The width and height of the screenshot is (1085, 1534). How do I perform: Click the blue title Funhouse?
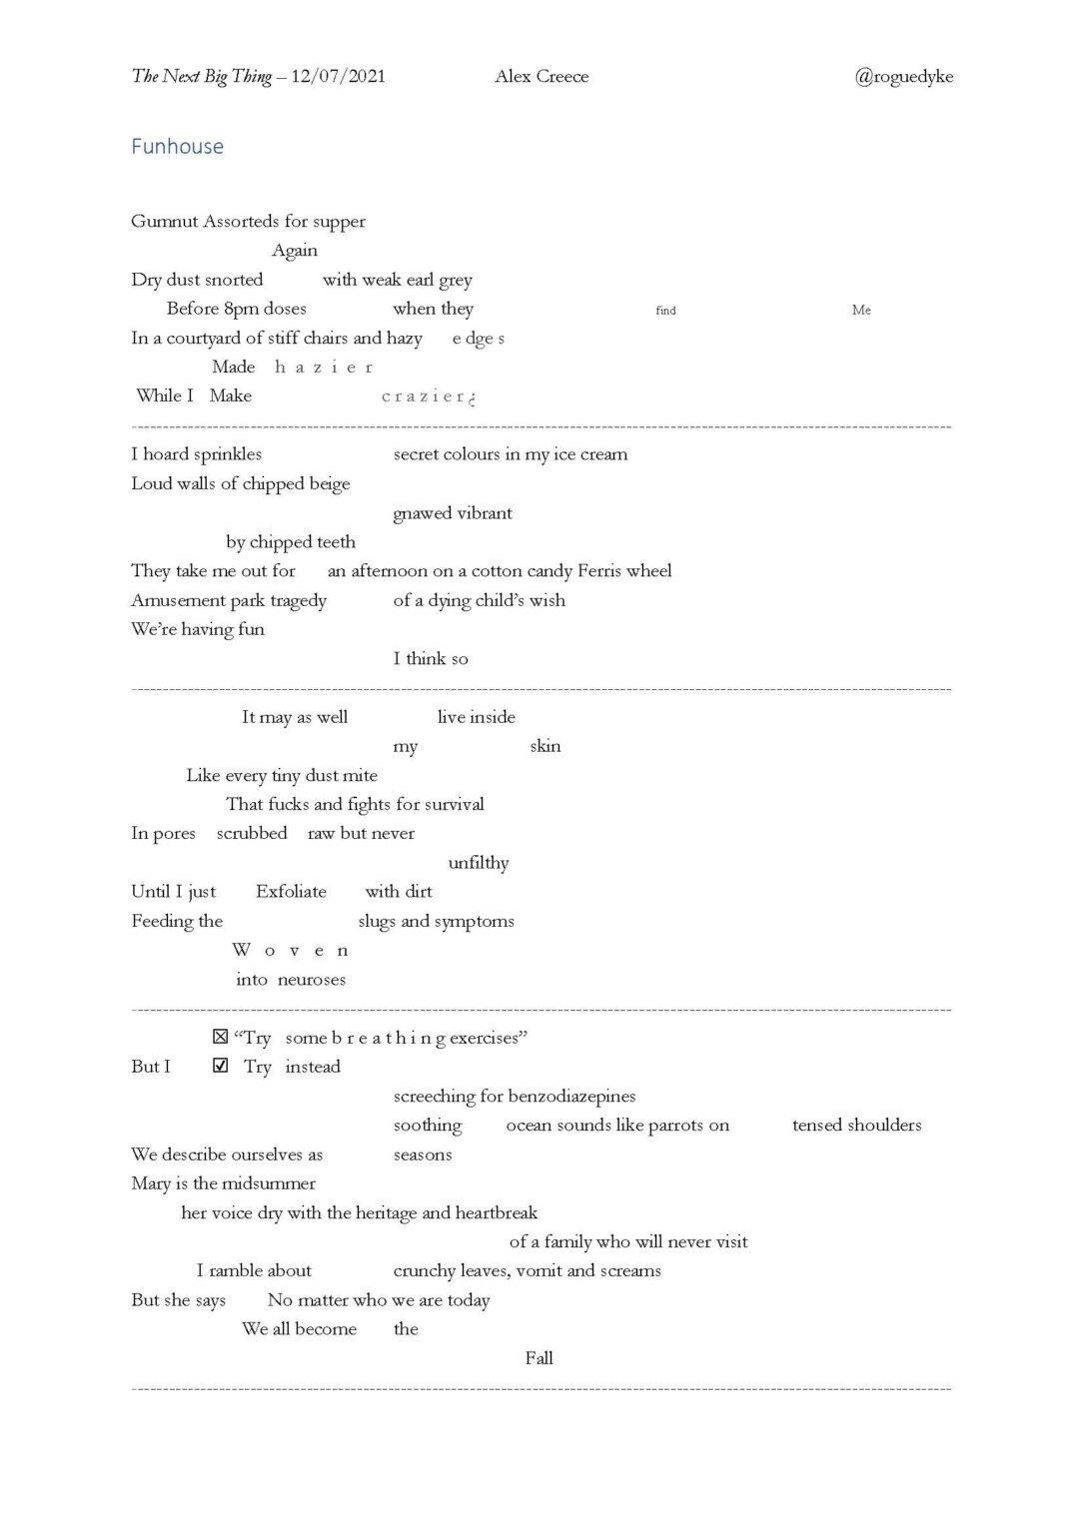click(177, 147)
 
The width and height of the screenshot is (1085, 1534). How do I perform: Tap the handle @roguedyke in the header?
click(903, 77)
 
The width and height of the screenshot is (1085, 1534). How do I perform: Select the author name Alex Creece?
click(542, 77)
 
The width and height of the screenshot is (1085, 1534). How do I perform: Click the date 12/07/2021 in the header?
click(338, 77)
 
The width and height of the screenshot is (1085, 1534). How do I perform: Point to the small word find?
click(665, 311)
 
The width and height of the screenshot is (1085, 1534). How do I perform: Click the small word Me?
click(861, 310)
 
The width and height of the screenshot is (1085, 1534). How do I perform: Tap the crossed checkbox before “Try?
click(221, 1037)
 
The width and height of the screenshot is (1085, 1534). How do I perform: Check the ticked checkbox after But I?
click(221, 1066)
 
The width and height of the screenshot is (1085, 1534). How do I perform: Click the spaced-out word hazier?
click(324, 368)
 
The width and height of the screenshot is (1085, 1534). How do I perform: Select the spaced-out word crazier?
click(427, 396)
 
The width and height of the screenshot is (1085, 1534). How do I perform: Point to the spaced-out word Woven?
click(291, 950)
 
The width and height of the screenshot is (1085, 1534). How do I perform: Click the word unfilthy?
click(479, 863)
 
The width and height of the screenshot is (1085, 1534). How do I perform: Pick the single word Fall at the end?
click(539, 1358)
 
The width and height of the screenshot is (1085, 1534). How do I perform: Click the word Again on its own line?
click(295, 251)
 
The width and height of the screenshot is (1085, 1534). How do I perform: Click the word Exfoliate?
click(291, 892)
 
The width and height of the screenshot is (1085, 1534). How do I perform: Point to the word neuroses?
click(312, 980)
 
